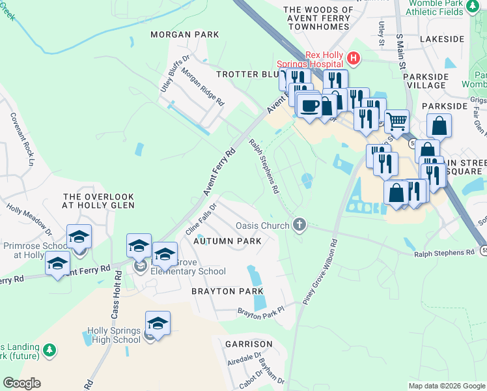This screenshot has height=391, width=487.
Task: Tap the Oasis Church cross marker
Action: pyautogui.click(x=299, y=225)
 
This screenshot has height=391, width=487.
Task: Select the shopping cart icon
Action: pyautogui.click(x=396, y=121)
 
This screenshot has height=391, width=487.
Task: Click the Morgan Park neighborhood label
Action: pyautogui.click(x=176, y=34)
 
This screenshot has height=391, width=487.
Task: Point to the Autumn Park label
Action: pyautogui.click(x=227, y=241)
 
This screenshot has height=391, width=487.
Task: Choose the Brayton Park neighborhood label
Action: pyautogui.click(x=227, y=291)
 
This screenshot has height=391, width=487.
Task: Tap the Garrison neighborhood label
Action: pyautogui.click(x=249, y=343)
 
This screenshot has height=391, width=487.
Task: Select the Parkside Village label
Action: pyautogui.click(x=426, y=81)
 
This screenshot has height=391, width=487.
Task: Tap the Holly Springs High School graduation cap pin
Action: pyautogui.click(x=158, y=323)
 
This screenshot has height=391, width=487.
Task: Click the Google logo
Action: pyautogui.click(x=21, y=383)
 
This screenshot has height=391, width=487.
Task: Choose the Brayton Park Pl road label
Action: pyautogui.click(x=261, y=314)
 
